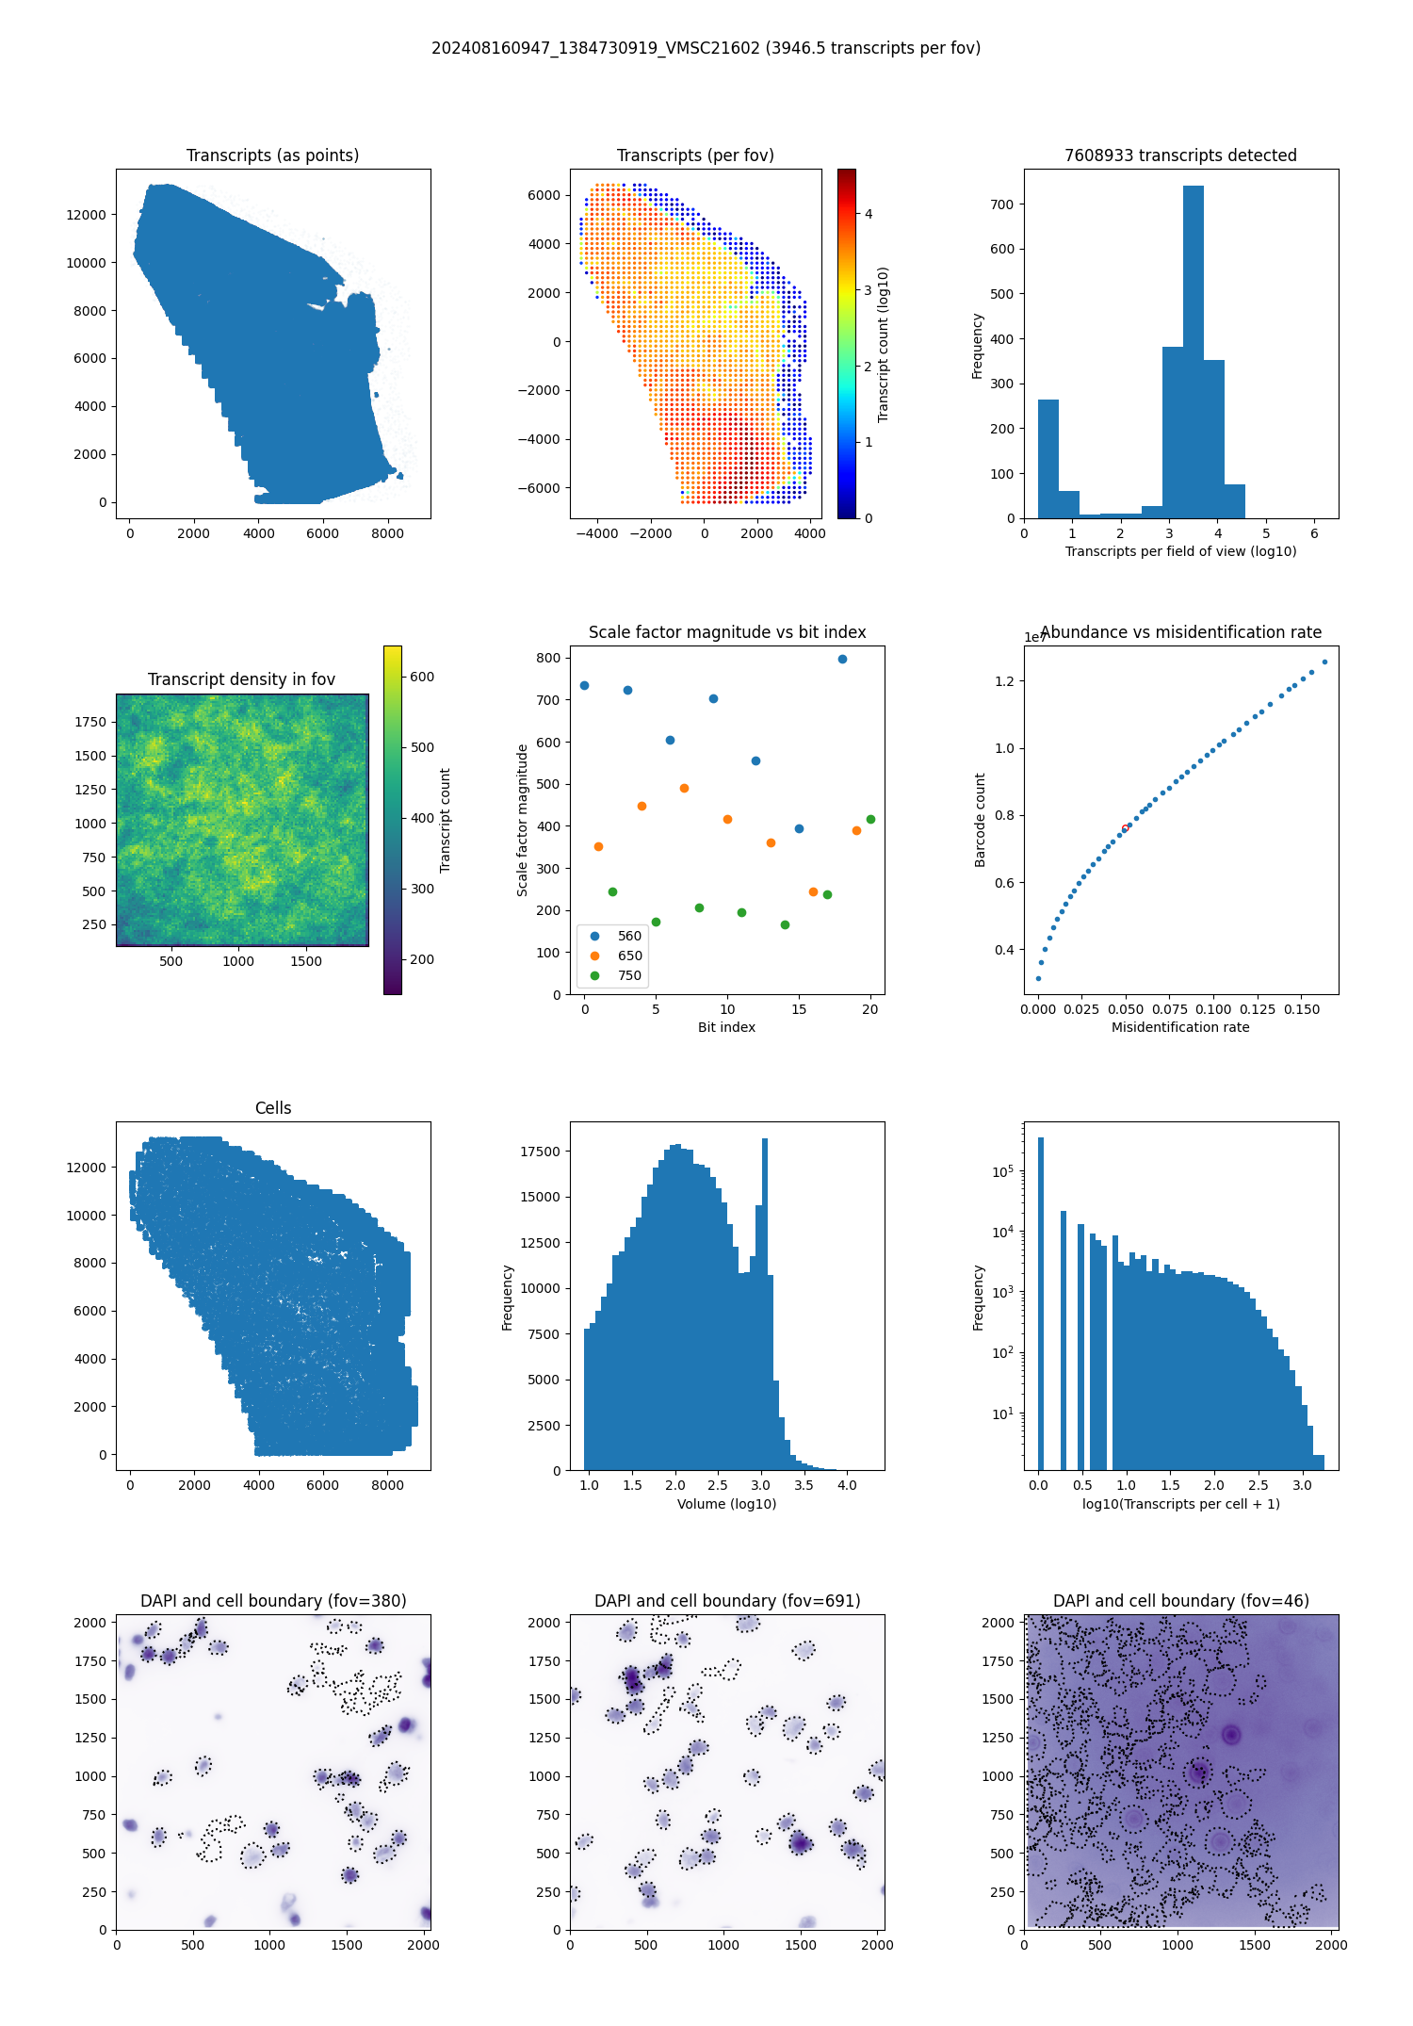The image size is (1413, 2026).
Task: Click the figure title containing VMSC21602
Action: (706, 48)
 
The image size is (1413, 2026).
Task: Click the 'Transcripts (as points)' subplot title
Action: (272, 155)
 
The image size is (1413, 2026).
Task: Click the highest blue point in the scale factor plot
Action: (842, 659)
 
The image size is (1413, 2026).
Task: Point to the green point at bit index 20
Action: (870, 819)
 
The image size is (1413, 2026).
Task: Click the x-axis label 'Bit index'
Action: (726, 1027)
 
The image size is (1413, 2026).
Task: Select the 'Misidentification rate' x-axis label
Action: (1180, 1027)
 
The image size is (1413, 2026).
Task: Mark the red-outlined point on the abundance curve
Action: (1125, 827)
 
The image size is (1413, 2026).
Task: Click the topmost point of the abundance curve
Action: (1324, 662)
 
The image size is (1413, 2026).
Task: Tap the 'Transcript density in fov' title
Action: (241, 679)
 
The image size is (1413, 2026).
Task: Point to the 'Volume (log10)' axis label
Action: (726, 1504)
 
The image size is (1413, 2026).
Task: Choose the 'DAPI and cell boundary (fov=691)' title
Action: (726, 1601)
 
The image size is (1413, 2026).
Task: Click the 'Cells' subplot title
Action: (273, 1108)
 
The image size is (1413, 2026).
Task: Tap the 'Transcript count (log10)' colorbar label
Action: (884, 344)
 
